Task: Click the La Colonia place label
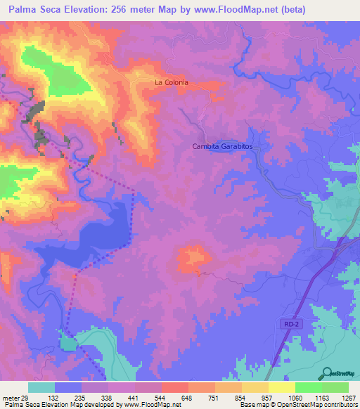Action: tap(172, 83)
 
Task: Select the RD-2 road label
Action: tap(293, 324)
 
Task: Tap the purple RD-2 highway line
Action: tap(302, 302)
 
